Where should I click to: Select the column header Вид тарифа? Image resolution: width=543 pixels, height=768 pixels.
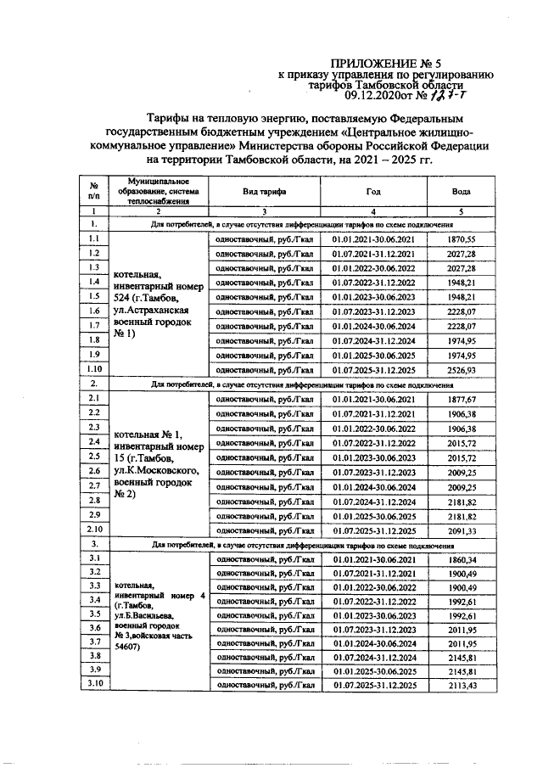(265, 193)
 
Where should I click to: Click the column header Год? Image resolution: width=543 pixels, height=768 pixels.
(374, 193)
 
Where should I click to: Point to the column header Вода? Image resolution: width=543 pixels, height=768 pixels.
(462, 193)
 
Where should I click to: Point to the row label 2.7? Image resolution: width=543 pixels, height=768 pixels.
(95, 485)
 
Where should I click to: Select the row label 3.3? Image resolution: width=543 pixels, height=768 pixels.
(95, 586)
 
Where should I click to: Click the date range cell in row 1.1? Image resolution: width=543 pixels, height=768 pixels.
(374, 241)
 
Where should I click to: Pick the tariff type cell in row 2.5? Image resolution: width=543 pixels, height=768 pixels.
(265, 457)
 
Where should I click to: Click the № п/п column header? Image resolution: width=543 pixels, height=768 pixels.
(95, 193)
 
